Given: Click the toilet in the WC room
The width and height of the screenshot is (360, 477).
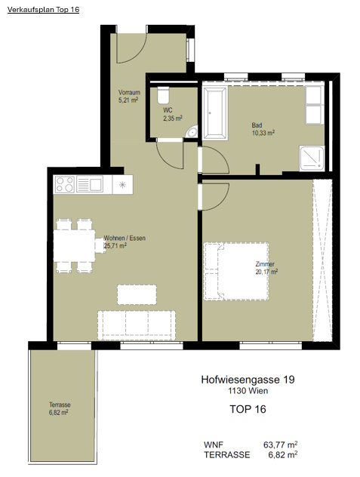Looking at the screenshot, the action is (163, 95).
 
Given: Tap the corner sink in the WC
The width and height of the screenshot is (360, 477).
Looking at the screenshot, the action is (192, 132).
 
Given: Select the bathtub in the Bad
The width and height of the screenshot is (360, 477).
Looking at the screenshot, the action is (215, 113).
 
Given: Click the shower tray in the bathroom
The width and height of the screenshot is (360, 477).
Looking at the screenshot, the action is (312, 158).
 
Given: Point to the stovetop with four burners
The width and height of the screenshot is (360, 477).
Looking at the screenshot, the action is (64, 184).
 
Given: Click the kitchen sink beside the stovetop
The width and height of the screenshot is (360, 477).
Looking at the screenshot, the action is (90, 184).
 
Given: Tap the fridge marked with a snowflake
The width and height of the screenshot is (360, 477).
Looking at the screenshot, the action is (122, 184).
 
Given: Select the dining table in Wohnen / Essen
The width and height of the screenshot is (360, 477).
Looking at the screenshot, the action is (75, 246).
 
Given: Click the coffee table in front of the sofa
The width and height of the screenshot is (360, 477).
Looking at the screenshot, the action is (137, 294).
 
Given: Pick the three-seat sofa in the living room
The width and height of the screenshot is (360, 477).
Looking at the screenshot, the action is (137, 325).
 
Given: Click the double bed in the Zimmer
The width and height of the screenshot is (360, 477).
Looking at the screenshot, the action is (236, 272).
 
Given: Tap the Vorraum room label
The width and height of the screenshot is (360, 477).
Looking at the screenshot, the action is (129, 92).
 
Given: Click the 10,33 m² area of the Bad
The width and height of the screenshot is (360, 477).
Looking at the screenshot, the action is (263, 133).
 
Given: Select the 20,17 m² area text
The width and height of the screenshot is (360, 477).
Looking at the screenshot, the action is (266, 272).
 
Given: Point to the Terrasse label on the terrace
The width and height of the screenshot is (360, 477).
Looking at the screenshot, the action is (60, 405).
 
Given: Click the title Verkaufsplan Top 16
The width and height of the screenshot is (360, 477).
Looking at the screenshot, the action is (43, 10).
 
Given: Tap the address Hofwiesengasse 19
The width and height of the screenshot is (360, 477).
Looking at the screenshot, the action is (248, 380).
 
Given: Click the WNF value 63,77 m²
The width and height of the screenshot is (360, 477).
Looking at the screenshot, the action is (280, 445).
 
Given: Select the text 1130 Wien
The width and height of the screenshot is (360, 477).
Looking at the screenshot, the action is (248, 391).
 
